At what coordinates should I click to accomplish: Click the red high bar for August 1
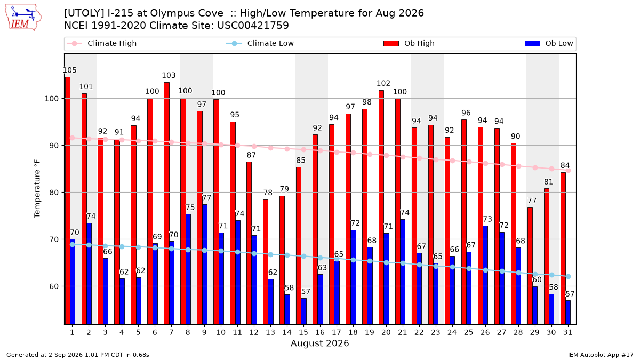(x=68, y=201)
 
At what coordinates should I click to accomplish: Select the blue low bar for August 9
(x=205, y=265)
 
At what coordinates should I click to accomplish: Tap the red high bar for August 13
(x=266, y=262)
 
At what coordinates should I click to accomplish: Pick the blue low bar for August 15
(x=303, y=311)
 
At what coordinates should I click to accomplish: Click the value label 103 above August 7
(x=169, y=75)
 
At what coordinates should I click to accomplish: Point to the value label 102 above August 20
(x=383, y=83)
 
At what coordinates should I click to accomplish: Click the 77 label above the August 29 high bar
(x=532, y=201)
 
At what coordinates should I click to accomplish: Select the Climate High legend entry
(x=101, y=43)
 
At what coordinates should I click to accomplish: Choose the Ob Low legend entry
(x=549, y=43)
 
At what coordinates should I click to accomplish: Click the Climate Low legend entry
(x=260, y=43)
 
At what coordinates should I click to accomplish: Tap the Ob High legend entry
(x=409, y=43)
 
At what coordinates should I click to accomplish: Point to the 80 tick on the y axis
(x=54, y=193)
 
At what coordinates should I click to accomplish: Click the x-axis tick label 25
(x=469, y=332)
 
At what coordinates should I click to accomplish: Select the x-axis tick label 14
(x=287, y=332)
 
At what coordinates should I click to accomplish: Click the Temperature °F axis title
(x=37, y=189)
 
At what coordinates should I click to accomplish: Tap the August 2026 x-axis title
(x=319, y=343)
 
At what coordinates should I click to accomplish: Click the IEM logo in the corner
(x=23, y=18)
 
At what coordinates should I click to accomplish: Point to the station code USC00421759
(x=253, y=26)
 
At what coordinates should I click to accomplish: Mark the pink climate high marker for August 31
(x=568, y=171)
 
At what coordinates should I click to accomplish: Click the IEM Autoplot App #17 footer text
(x=601, y=355)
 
